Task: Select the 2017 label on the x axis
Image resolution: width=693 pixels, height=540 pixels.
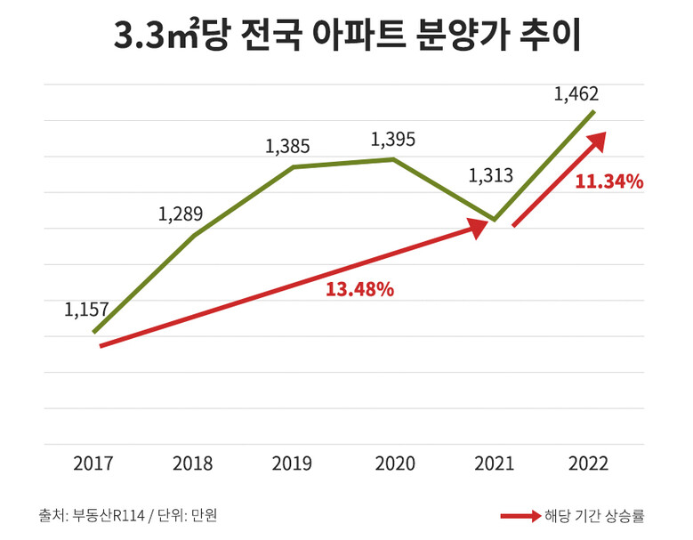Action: (x=93, y=463)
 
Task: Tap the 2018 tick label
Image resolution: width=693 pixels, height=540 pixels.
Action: (x=193, y=463)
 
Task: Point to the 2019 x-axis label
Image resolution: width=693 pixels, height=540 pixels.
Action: (x=293, y=463)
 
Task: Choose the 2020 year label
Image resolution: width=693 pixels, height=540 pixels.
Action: (x=393, y=463)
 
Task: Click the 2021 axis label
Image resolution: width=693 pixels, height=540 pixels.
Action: (x=494, y=463)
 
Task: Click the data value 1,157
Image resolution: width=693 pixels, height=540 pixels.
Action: (x=86, y=310)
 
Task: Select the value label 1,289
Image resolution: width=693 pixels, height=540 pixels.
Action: (x=181, y=214)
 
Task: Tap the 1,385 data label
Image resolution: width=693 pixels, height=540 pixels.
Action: (x=287, y=146)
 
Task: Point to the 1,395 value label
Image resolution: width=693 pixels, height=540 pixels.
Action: (x=392, y=140)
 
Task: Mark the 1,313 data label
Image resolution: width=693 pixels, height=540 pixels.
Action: (x=491, y=175)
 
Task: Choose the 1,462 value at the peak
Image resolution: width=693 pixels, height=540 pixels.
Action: (x=576, y=93)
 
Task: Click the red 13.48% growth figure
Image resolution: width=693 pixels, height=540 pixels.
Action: (x=359, y=290)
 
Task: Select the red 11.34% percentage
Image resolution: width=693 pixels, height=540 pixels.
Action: (x=608, y=182)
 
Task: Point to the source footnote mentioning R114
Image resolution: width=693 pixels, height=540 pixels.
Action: (x=127, y=515)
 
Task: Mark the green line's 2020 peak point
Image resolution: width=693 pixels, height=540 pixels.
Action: (x=393, y=159)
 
